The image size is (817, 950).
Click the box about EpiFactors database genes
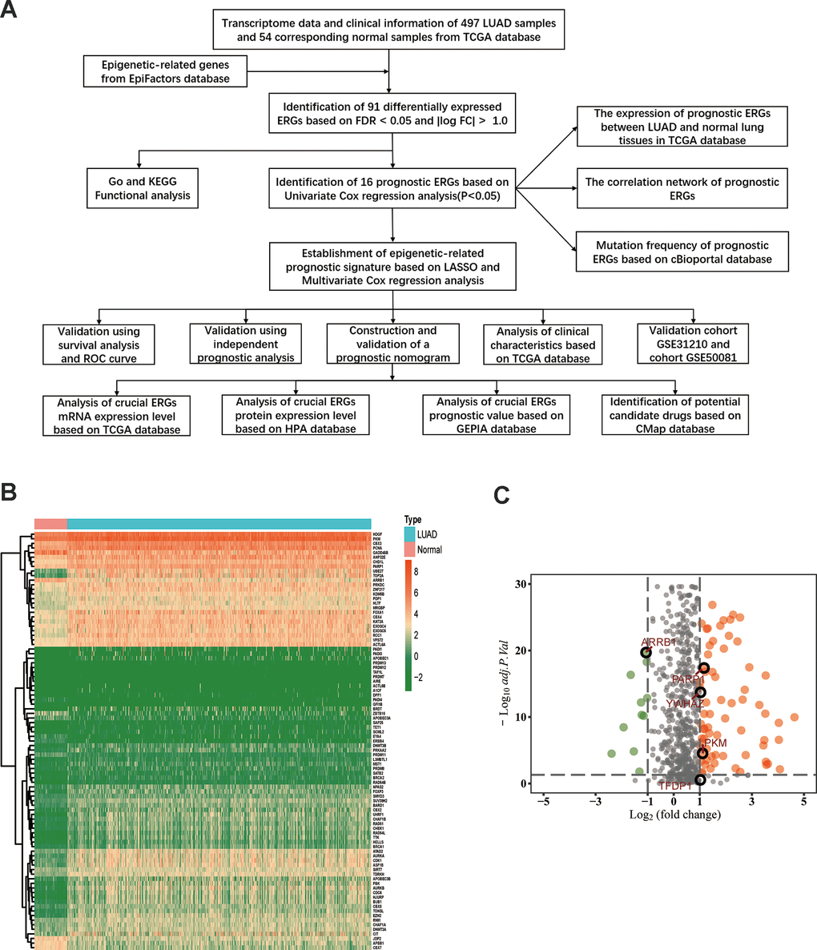point(164,71)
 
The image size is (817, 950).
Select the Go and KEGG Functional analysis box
point(143,188)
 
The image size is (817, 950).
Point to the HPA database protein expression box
point(295,414)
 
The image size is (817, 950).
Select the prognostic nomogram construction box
point(392,344)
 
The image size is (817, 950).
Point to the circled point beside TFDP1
point(700,779)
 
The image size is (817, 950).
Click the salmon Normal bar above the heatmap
point(50,524)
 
